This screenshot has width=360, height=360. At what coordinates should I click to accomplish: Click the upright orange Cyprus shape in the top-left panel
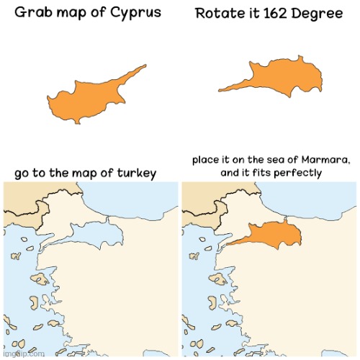(x=86, y=97)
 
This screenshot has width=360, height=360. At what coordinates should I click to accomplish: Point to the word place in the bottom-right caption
(x=207, y=160)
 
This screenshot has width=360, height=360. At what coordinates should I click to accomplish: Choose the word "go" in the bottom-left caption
(x=24, y=174)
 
